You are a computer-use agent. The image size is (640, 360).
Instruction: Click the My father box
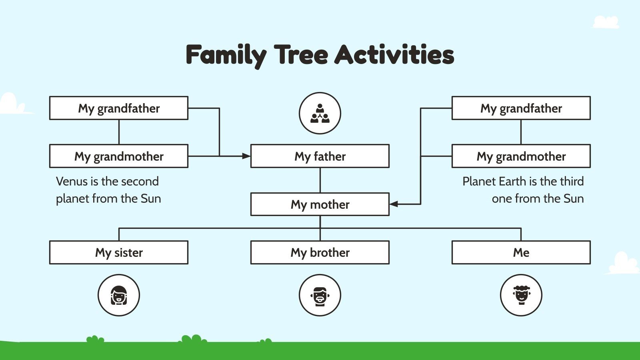320,156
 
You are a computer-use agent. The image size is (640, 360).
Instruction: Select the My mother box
320,204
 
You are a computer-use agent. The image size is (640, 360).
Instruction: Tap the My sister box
119,252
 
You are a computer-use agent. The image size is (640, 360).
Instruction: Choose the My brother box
320,252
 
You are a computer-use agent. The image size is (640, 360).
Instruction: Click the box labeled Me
521,252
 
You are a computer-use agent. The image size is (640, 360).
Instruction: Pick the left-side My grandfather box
119,108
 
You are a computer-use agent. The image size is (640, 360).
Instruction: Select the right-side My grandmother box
521,156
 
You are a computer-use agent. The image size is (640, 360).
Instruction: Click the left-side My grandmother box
119,156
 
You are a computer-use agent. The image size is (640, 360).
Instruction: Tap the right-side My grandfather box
521,108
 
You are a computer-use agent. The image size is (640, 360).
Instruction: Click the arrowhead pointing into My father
246,156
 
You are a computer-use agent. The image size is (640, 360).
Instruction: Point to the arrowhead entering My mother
394,204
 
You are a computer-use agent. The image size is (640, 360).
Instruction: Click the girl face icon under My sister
119,295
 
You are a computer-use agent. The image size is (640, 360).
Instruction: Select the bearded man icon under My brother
320,295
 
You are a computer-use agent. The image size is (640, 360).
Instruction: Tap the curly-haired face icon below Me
521,295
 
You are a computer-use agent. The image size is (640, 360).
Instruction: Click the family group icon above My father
320,113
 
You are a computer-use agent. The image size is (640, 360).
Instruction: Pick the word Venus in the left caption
72,181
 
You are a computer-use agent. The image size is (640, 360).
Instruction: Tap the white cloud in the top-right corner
606,22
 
